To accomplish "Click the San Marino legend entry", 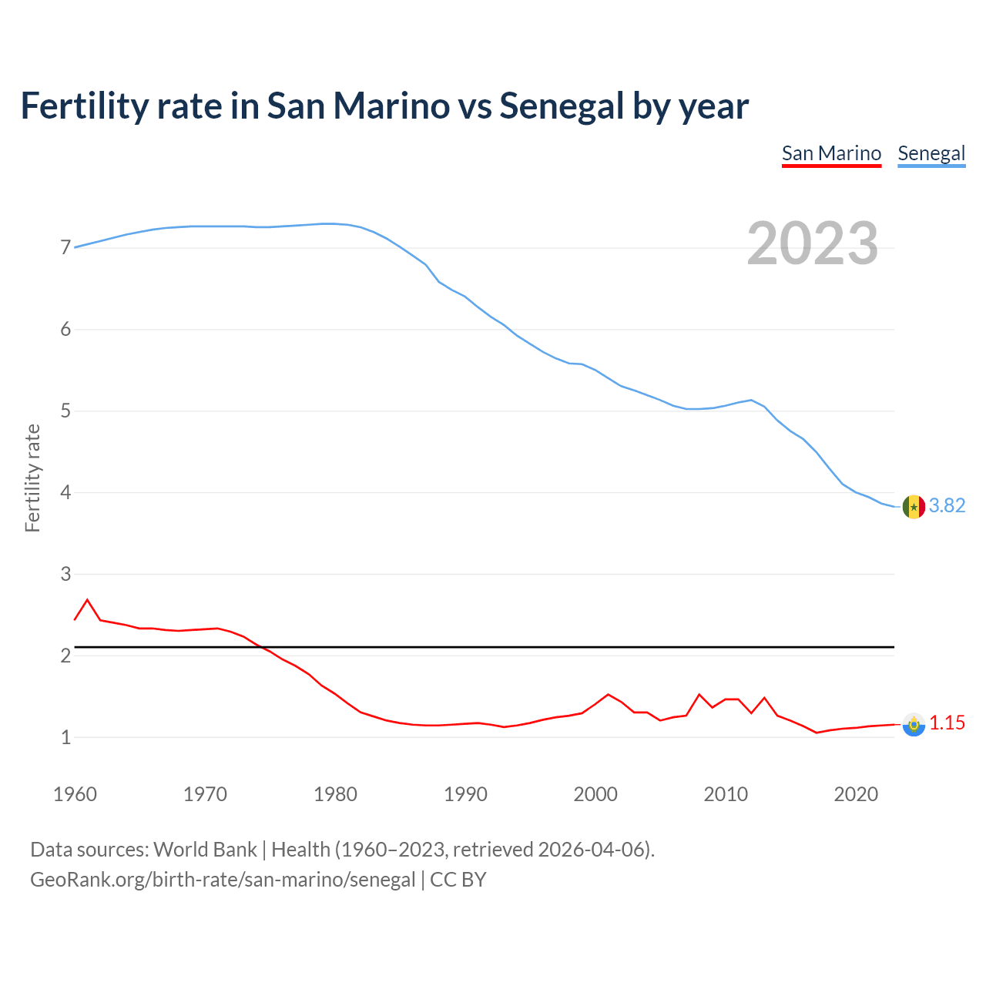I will coord(831,153).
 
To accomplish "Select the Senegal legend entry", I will coord(931,153).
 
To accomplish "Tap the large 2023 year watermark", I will coord(813,243).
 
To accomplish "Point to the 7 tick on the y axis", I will coord(65,248).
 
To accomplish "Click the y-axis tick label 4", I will coord(65,492).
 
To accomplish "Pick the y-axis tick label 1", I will coord(65,737).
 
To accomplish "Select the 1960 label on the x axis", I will coord(75,794).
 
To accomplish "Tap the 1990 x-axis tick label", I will coord(465,794).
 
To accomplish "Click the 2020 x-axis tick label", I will coord(856,794).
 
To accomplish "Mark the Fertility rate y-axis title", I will coord(32,478).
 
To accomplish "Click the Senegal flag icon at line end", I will coord(914,507).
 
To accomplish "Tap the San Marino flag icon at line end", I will coord(914,724).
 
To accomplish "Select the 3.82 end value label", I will coord(947,505).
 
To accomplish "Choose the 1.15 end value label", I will coord(947,723).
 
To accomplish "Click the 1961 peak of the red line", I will coord(87,599).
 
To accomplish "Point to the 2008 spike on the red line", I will coord(699,695).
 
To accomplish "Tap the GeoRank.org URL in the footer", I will coord(223,879).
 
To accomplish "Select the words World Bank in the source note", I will coord(205,849).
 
